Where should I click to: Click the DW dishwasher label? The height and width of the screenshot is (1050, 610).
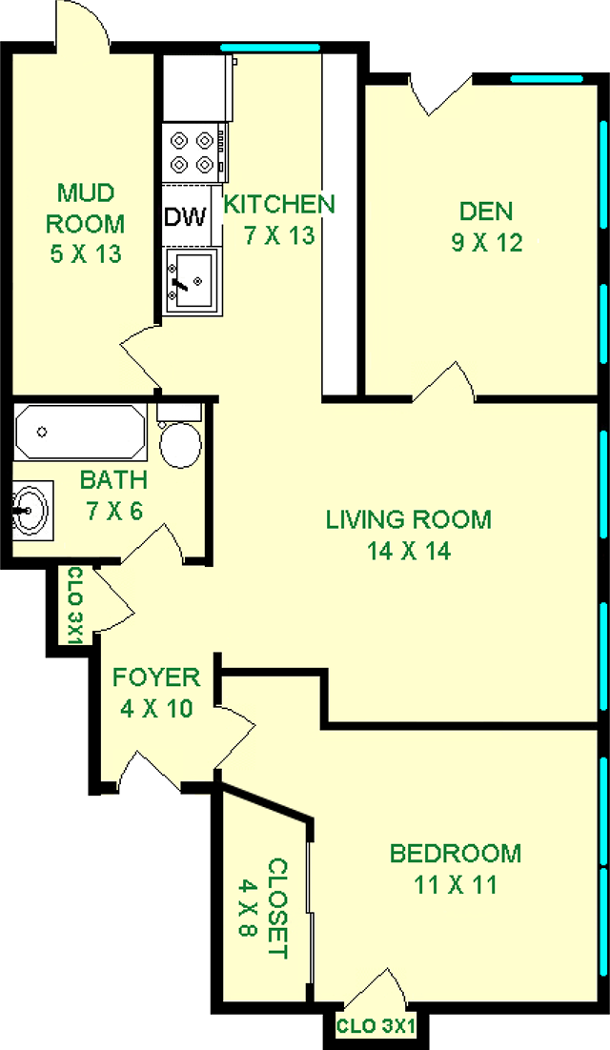click(x=186, y=216)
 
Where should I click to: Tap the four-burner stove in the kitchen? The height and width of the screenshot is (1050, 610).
click(x=193, y=153)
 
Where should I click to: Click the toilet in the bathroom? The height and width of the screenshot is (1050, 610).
click(x=179, y=436)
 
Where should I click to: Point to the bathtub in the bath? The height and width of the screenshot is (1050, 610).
click(x=80, y=432)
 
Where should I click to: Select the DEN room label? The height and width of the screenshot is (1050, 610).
click(x=486, y=211)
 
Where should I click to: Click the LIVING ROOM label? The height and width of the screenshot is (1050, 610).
click(x=409, y=519)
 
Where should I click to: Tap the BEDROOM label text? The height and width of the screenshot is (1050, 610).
click(x=456, y=854)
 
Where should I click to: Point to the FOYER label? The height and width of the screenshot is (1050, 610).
click(x=156, y=677)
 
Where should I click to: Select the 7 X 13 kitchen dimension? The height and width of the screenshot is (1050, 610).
click(x=279, y=235)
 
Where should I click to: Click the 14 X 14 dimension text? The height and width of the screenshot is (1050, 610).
click(x=409, y=551)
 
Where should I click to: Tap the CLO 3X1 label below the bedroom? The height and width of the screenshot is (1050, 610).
click(x=376, y=1026)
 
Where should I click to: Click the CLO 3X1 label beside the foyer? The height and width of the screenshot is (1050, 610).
click(x=74, y=605)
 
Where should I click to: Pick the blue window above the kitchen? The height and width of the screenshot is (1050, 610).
click(x=270, y=48)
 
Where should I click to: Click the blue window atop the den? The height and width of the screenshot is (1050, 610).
click(x=546, y=78)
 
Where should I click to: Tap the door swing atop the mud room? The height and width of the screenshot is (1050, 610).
click(x=82, y=24)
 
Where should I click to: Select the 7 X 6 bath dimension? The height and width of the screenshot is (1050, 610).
click(x=113, y=512)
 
